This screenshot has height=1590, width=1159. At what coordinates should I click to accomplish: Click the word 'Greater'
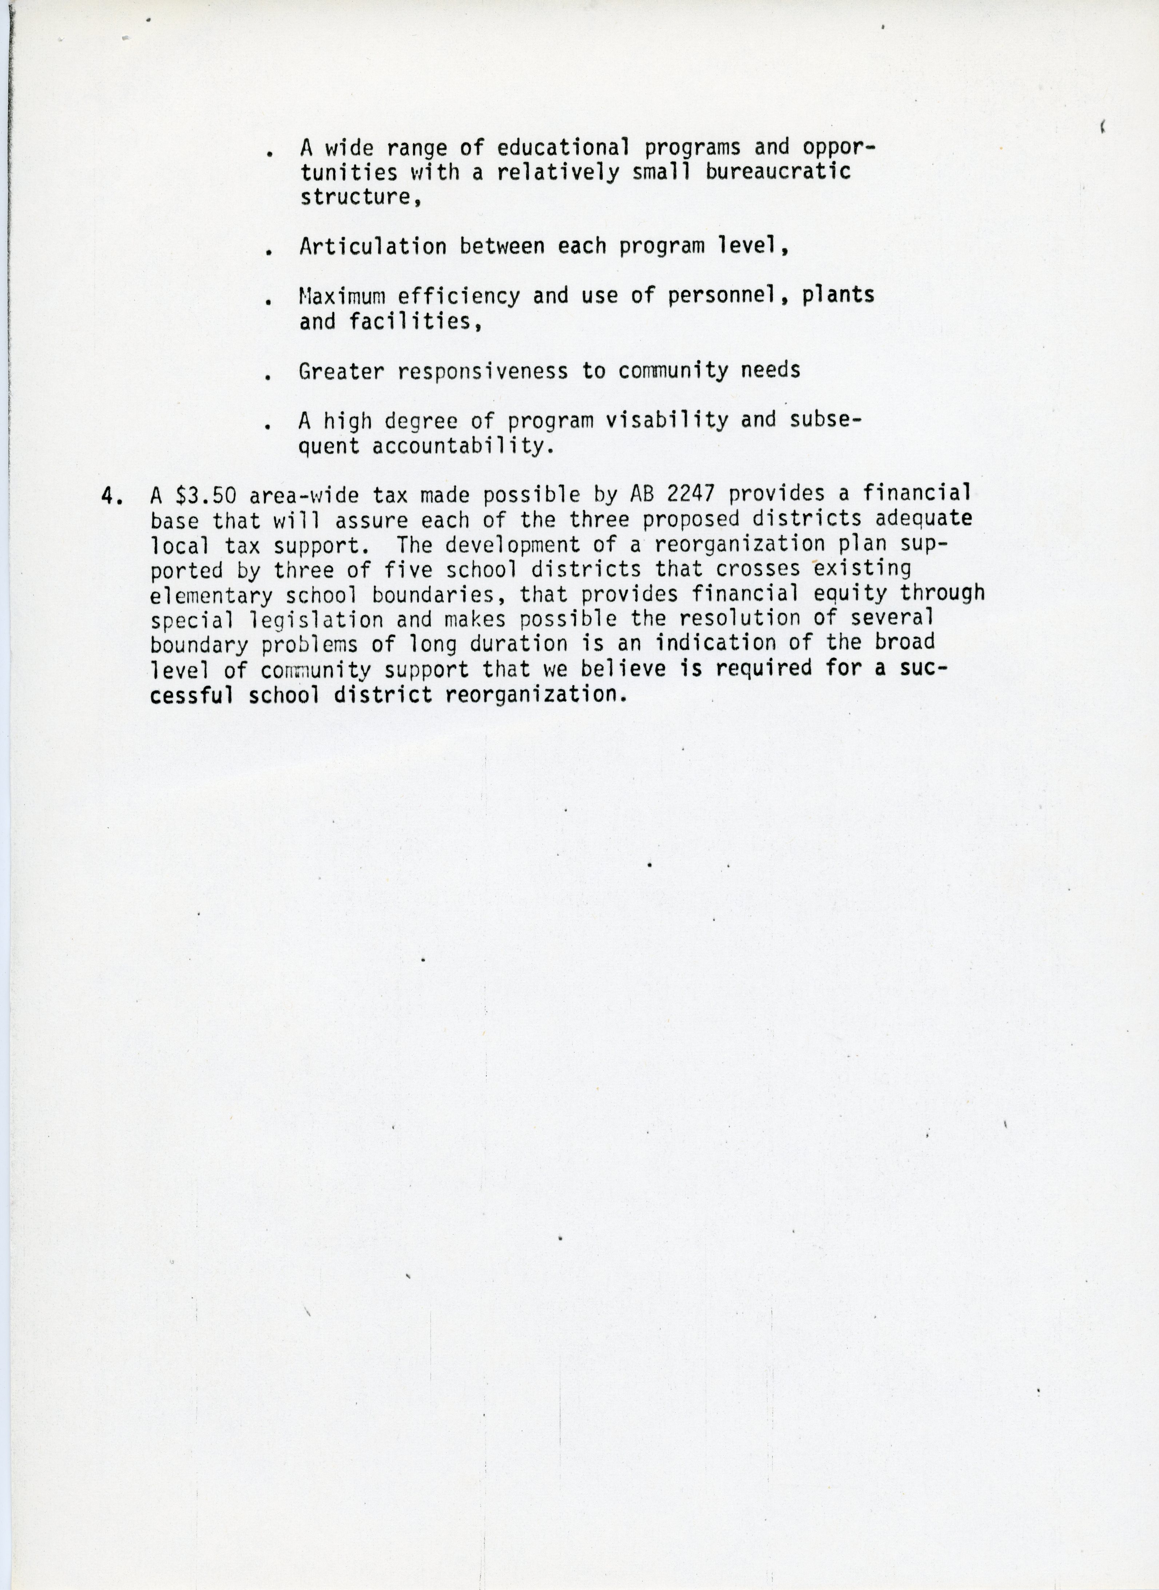341,371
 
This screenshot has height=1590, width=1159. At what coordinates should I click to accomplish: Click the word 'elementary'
210,595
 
